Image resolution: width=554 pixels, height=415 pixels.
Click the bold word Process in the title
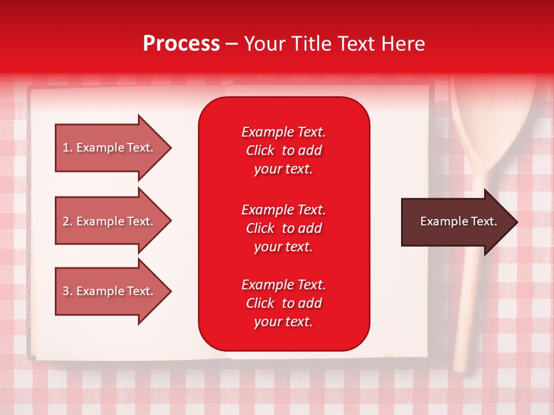coord(181,44)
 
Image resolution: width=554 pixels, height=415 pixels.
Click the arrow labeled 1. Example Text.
coord(113,148)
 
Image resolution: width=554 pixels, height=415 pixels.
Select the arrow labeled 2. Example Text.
coord(113,221)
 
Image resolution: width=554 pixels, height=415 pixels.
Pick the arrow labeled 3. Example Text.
coord(113,291)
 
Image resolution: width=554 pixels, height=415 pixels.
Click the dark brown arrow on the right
coord(459,222)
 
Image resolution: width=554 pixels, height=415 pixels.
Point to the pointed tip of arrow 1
coord(171,148)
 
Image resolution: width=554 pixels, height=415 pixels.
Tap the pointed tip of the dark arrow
coord(518,222)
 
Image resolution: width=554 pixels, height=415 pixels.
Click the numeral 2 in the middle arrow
coord(66,221)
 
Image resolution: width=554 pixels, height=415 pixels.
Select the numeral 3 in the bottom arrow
coord(66,291)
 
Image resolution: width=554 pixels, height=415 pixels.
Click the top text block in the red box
coord(284,150)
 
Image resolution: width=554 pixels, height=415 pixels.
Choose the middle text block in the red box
coord(284,228)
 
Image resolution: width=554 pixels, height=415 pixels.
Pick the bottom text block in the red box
coord(284,303)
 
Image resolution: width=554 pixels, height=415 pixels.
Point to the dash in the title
coord(232,44)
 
